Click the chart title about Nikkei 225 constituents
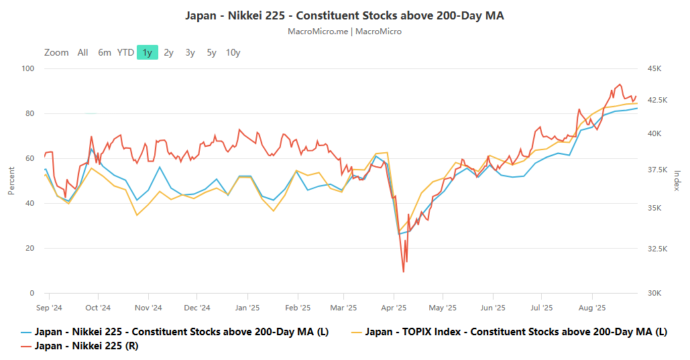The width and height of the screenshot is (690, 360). (x=345, y=15)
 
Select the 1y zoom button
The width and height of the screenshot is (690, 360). (x=147, y=52)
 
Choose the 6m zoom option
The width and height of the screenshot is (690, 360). (x=105, y=52)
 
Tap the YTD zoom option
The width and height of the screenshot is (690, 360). (x=125, y=52)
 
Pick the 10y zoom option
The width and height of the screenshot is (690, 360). (x=233, y=52)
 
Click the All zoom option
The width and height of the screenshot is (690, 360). (x=82, y=52)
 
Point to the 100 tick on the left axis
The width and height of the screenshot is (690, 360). (x=27, y=68)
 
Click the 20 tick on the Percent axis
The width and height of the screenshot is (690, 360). (x=30, y=248)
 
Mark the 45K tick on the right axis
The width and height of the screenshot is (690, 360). (x=654, y=68)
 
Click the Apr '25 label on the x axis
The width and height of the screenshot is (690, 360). (x=394, y=308)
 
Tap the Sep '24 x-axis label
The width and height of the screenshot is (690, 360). (x=48, y=308)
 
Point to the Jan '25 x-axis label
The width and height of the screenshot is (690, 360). (x=247, y=308)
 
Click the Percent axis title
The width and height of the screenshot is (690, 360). (x=11, y=181)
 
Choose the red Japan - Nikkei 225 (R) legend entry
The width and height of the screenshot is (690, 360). (x=87, y=346)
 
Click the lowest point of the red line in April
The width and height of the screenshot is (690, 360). (x=404, y=272)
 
